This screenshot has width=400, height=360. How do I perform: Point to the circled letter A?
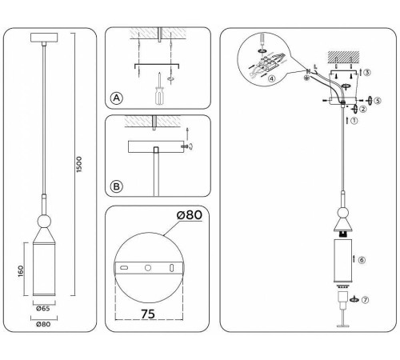coord(117,98)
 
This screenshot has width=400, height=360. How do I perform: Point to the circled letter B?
coord(117,186)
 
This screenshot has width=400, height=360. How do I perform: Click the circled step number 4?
coord(271,78)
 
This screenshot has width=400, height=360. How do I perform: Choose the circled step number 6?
coord(362,260)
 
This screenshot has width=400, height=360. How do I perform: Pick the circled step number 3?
coord(367,72)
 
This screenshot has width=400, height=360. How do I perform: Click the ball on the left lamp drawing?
coord(43,220)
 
